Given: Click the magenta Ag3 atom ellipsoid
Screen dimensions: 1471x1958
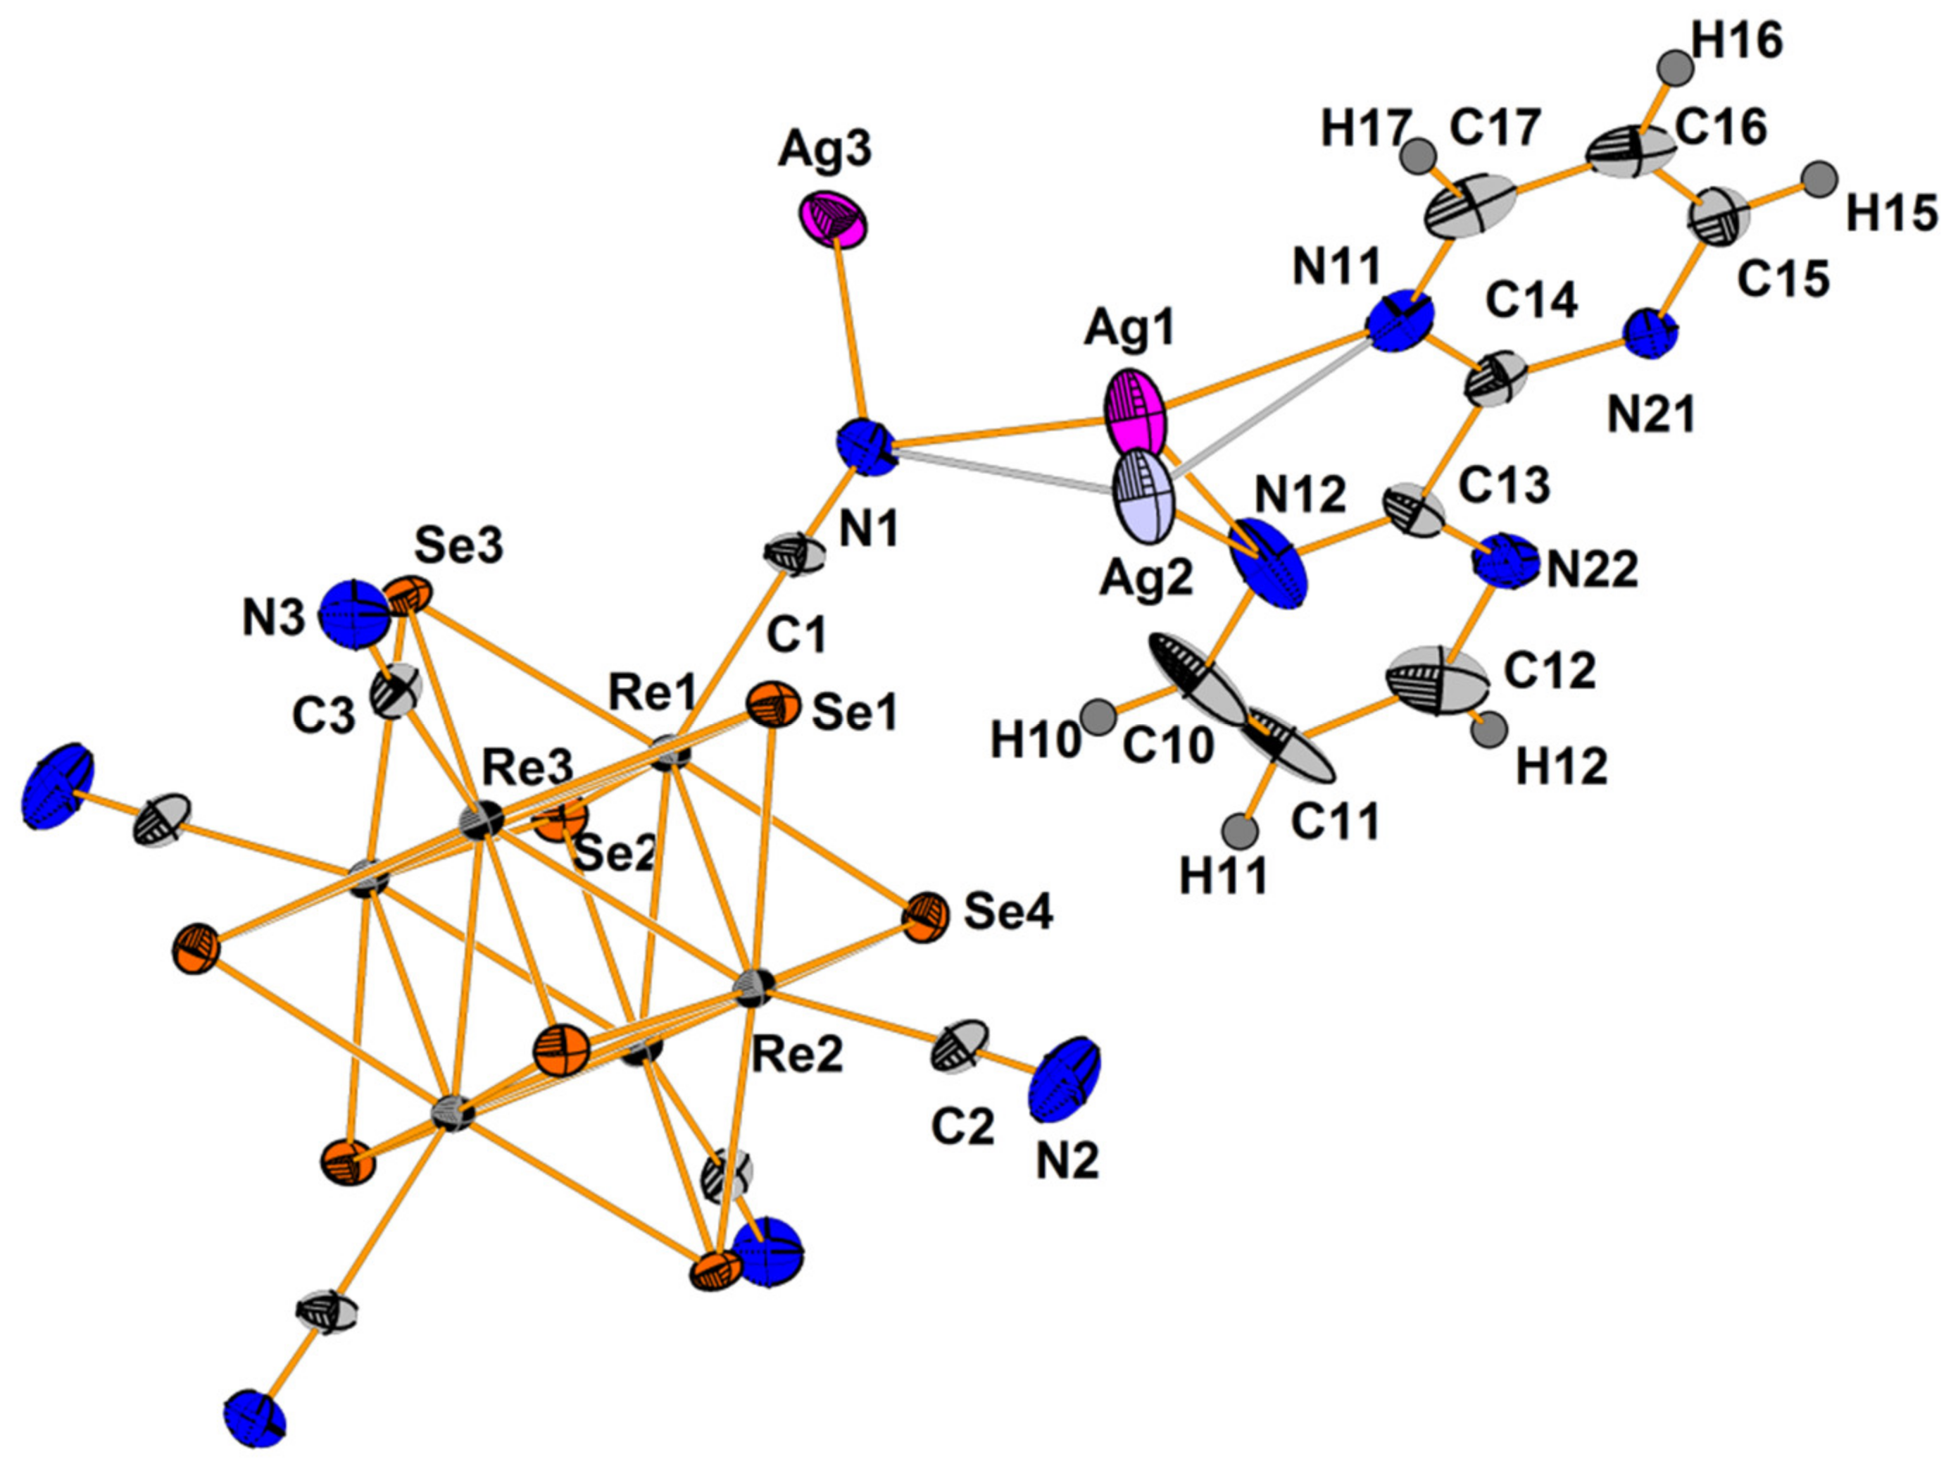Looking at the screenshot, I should click(x=834, y=220).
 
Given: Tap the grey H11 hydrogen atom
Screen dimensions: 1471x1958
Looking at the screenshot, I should click(x=1239, y=833).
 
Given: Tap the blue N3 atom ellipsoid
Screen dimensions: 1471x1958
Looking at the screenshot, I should click(x=355, y=614).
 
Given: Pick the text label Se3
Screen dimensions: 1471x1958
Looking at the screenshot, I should click(x=460, y=547).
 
